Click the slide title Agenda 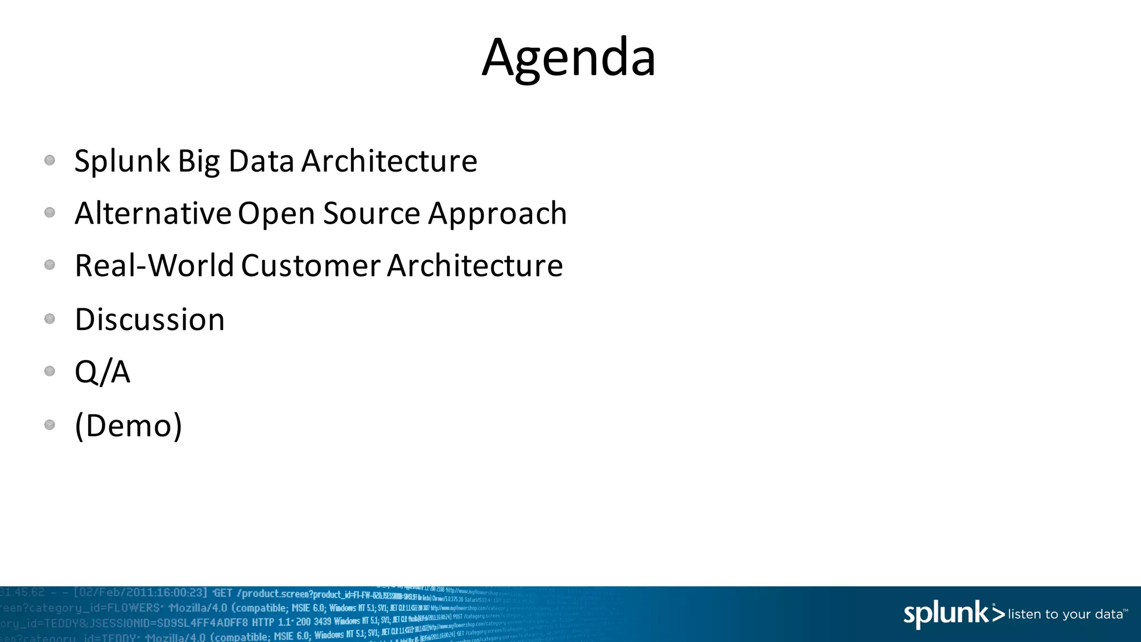pyautogui.click(x=569, y=57)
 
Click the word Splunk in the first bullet pyautogui.click(x=122, y=162)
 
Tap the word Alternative pyautogui.click(x=153, y=213)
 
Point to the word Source pyautogui.click(x=372, y=213)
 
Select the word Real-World pyautogui.click(x=154, y=266)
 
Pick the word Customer pyautogui.click(x=311, y=266)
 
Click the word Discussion pyautogui.click(x=150, y=320)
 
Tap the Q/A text pyautogui.click(x=103, y=372)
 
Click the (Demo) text pyautogui.click(x=129, y=426)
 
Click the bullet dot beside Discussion pyautogui.click(x=50, y=319)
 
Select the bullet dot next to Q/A pyautogui.click(x=50, y=371)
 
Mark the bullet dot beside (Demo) pyautogui.click(x=50, y=425)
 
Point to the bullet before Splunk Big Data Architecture pyautogui.click(x=50, y=160)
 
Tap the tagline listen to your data pyautogui.click(x=1065, y=614)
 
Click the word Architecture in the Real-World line pyautogui.click(x=475, y=266)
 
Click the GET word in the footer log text pyautogui.click(x=223, y=593)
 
